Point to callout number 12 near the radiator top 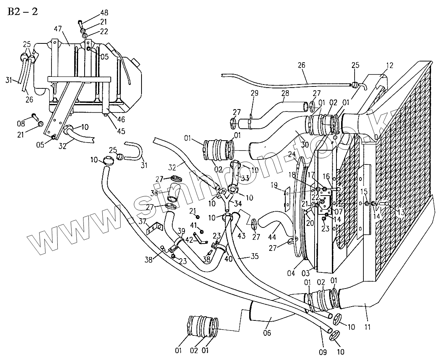tap(390, 66)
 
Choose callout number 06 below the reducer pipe tap(267, 333)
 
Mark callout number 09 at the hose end tap(322, 352)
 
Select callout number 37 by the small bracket tap(143, 221)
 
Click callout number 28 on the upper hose tap(285, 93)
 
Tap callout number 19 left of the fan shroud tap(274, 185)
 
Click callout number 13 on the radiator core tap(401, 211)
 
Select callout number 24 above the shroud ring tap(292, 155)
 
